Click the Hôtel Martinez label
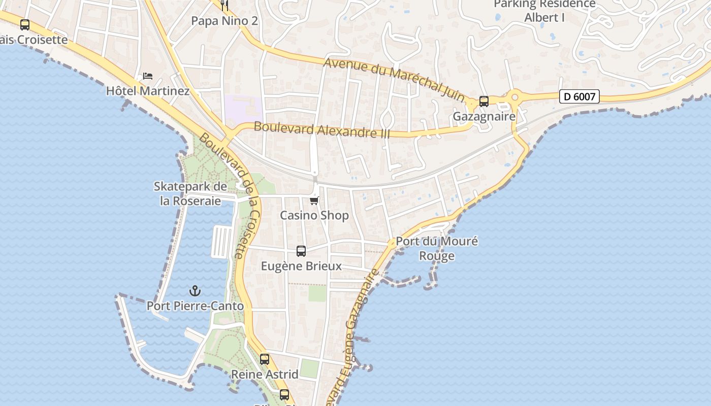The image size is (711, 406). pos(148,91)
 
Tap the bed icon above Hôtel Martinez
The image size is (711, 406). pos(148,76)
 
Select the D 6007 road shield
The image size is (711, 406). pos(579,96)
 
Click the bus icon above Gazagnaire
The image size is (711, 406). pos(484,101)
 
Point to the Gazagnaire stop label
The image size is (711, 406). pos(484,116)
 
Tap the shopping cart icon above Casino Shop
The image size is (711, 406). pos(314,201)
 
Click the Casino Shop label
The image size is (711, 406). pos(314,215)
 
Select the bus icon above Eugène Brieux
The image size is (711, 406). pos(301,251)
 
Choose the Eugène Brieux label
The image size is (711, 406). pos(301,266)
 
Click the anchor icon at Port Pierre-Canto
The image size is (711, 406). pos(195,291)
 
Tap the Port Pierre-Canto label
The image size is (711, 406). pos(195,306)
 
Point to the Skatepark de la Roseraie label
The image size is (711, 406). pos(190,194)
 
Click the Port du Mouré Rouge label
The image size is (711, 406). pos(437,248)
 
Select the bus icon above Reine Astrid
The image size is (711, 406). pos(265,359)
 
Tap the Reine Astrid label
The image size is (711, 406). pos(265,375)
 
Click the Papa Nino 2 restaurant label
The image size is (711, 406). pos(224,21)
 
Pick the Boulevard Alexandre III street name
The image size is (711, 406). pos(322,130)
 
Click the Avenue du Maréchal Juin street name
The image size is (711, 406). pos(394,79)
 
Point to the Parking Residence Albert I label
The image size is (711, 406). pos(544,11)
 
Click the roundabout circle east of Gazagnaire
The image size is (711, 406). pos(515,96)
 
